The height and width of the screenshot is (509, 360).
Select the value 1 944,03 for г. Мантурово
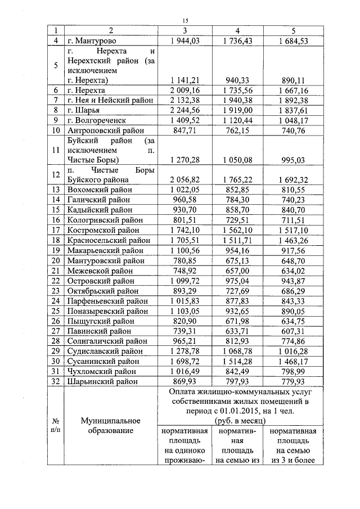pyautogui.click(x=184, y=41)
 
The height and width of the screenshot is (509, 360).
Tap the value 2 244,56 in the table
pyautogui.click(x=184, y=110)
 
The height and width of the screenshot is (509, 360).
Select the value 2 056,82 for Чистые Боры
pyautogui.click(x=184, y=180)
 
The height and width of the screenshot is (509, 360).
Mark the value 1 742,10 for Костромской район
pyautogui.click(x=184, y=230)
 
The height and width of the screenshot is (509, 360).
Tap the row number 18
pyautogui.click(x=56, y=240)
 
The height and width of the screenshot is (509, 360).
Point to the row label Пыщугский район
pyautogui.click(x=99, y=320)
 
